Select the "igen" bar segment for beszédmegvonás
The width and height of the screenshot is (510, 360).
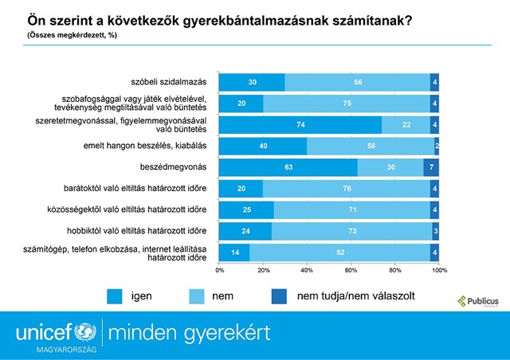coord(288,167)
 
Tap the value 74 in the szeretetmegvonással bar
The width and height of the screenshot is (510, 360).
coord(300,124)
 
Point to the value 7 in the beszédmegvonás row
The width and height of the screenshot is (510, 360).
coord(431,167)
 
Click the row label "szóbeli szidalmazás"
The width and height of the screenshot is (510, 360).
coord(169,81)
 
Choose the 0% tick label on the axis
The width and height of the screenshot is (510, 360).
coord(220,271)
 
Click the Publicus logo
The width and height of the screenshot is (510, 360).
coord(477,301)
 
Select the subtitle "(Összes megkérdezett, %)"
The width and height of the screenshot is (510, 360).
coord(68,37)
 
